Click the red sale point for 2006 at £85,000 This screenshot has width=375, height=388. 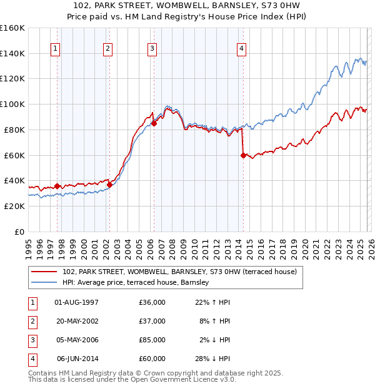(x=154, y=123)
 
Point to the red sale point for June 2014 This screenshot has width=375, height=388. (x=243, y=155)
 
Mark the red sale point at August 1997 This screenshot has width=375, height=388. (x=57, y=186)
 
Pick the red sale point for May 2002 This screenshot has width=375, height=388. (x=109, y=185)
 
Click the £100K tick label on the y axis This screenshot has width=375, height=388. (x=12, y=104)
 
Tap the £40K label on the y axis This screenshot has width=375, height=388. (x=14, y=180)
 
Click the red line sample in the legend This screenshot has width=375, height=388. (x=44, y=272)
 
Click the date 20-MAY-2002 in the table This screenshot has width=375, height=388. (x=77, y=321)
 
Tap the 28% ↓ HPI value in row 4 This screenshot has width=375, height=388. (x=213, y=359)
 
